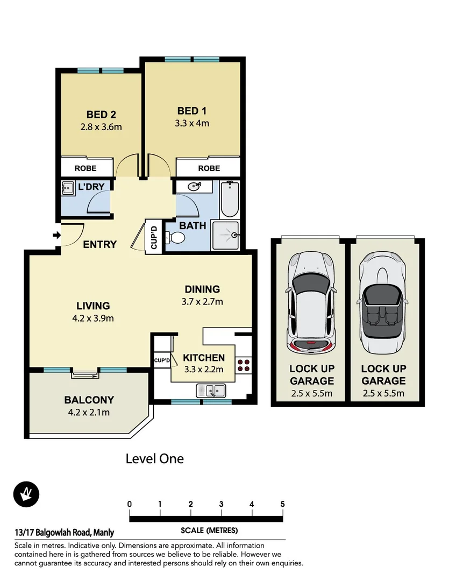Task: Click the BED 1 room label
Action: pyautogui.click(x=192, y=111)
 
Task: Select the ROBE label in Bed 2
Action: pyautogui.click(x=85, y=168)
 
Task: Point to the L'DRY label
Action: pyautogui.click(x=95, y=187)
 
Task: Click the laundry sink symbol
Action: pyautogui.click(x=68, y=188)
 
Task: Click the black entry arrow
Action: pyautogui.click(x=55, y=235)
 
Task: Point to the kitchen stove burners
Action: pyautogui.click(x=244, y=365)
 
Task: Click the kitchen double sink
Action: pyautogui.click(x=213, y=390)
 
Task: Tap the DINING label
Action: pyautogui.click(x=202, y=289)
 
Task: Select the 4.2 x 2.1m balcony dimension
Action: pyautogui.click(x=89, y=413)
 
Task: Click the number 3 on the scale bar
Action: pyautogui.click(x=222, y=504)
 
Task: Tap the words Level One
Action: pyautogui.click(x=154, y=459)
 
